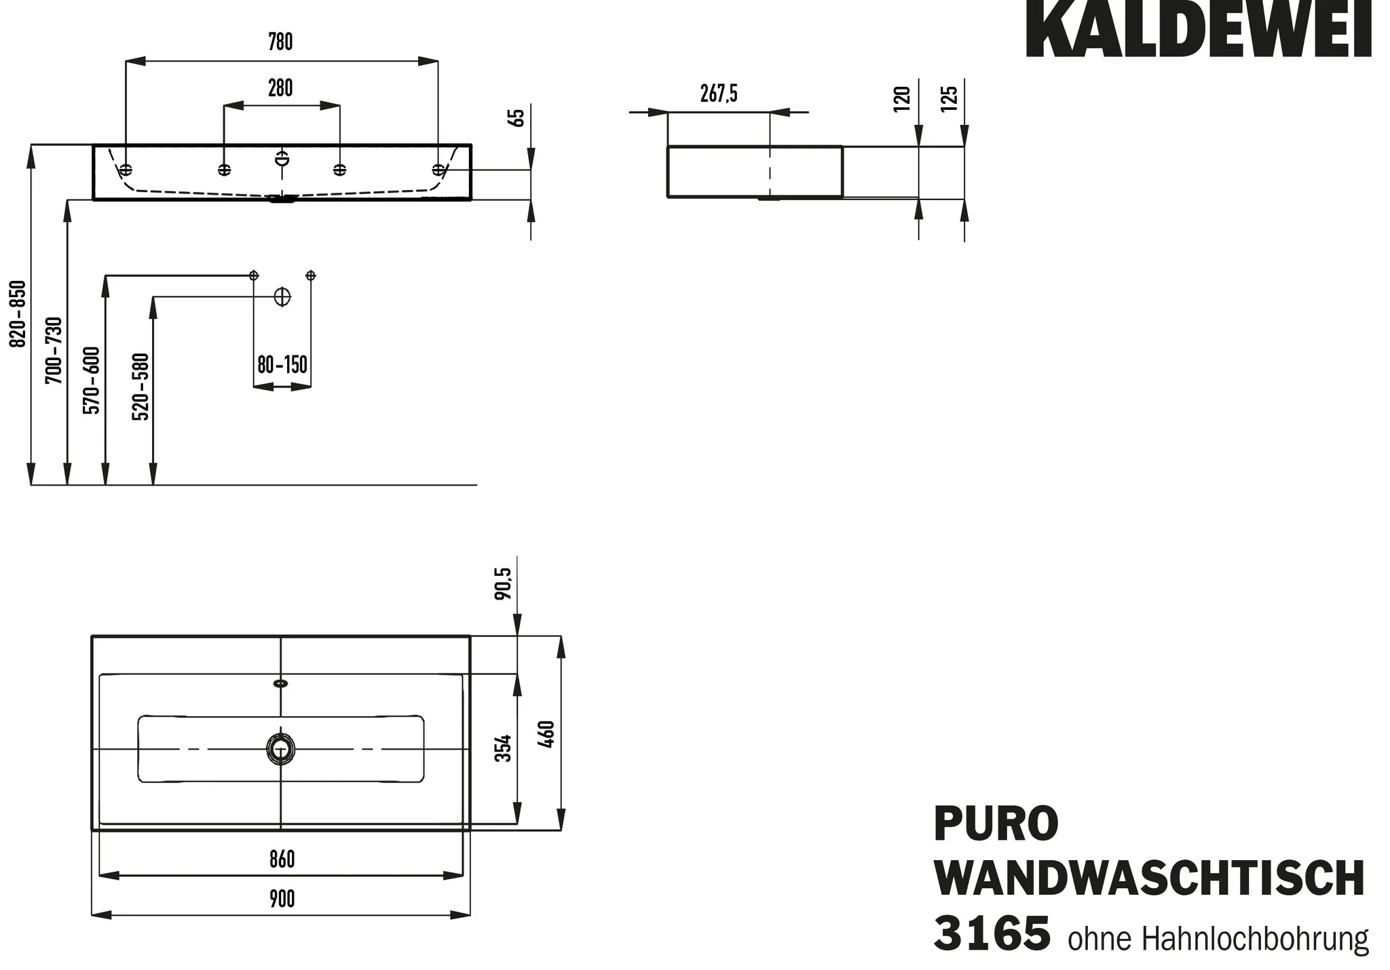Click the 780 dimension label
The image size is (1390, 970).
point(280,42)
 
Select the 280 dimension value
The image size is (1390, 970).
point(280,88)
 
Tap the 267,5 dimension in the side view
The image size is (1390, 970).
point(719,94)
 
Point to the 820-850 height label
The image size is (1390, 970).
point(18,313)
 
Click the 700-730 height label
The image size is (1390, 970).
point(54,350)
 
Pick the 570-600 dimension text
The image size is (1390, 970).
point(92,380)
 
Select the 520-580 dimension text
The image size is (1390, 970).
point(140,387)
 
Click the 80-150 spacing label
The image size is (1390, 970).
point(282,365)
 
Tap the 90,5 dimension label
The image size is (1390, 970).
point(504,583)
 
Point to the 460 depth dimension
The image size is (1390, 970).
point(546,735)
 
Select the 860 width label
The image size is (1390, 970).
point(282,859)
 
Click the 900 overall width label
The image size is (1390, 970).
point(282,899)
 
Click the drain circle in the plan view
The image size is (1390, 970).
point(280,748)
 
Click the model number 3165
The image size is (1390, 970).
point(992,933)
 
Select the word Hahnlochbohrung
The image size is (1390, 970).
point(1255,939)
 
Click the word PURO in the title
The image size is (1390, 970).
point(996,823)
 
